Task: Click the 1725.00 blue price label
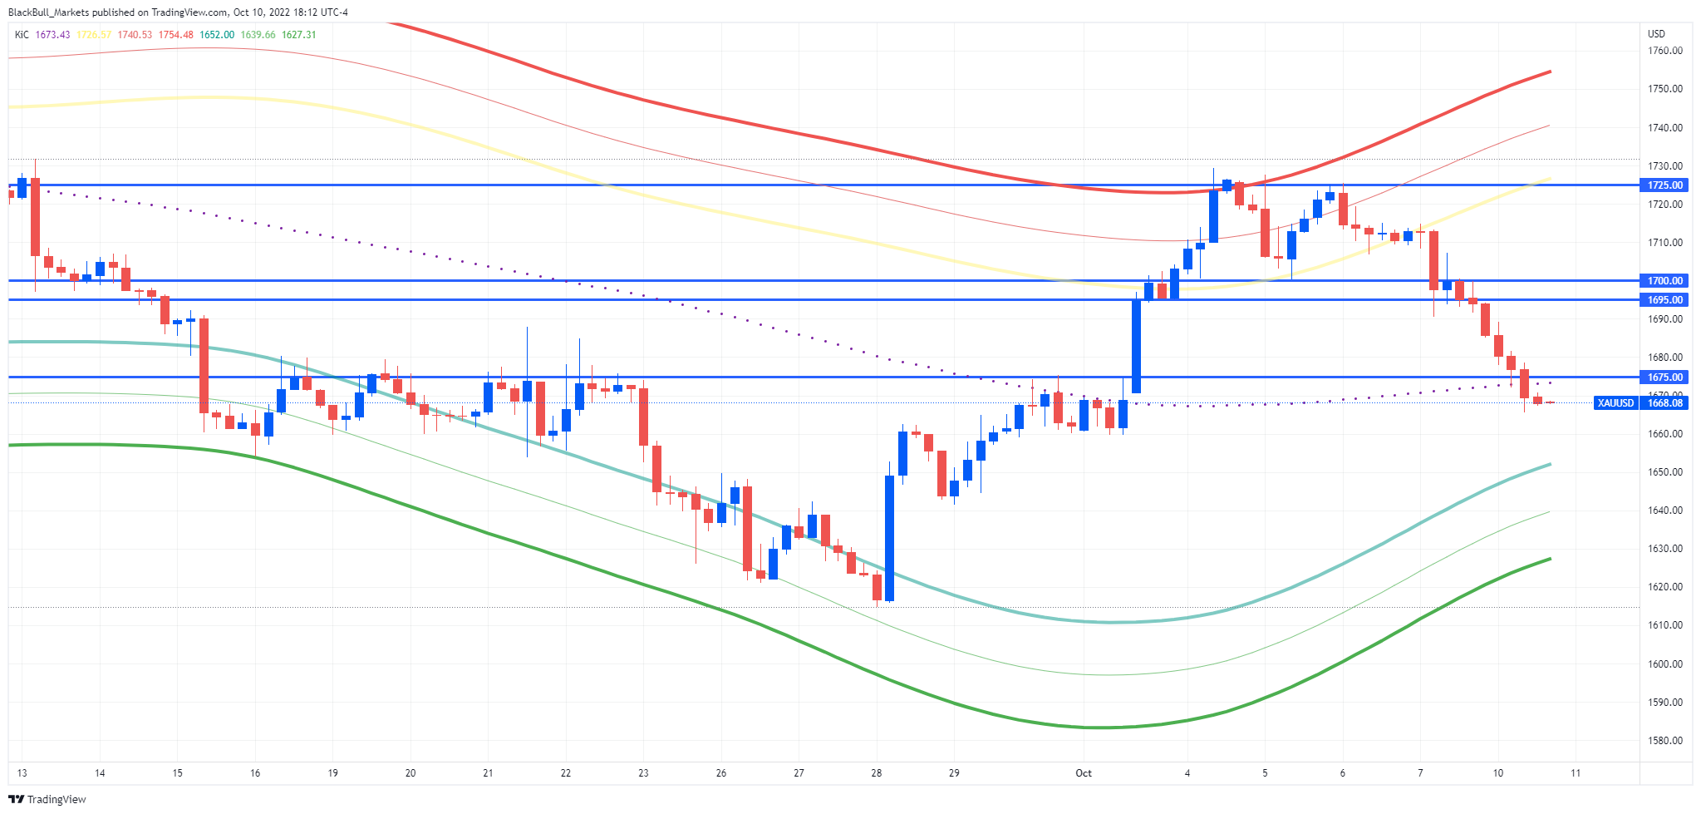click(1665, 185)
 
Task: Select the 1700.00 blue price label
click(1665, 281)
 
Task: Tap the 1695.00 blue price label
click(1665, 300)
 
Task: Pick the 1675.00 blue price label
click(1665, 377)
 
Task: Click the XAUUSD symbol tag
click(1616, 403)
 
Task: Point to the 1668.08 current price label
click(1665, 403)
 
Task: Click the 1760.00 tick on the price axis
click(1665, 51)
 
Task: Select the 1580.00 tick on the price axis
click(1665, 741)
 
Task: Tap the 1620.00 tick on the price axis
click(1665, 587)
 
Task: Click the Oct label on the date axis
click(1084, 773)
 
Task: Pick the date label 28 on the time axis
click(877, 773)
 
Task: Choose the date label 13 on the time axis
click(22, 773)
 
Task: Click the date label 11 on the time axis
click(1576, 773)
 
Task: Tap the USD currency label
click(1656, 34)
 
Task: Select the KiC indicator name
click(22, 35)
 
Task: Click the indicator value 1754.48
click(176, 35)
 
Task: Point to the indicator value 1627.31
click(299, 35)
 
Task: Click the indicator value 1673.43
click(52, 35)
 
